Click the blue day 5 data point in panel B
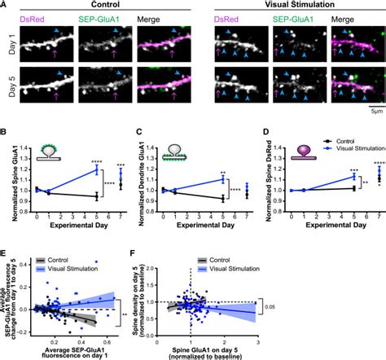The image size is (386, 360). click(95, 170)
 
